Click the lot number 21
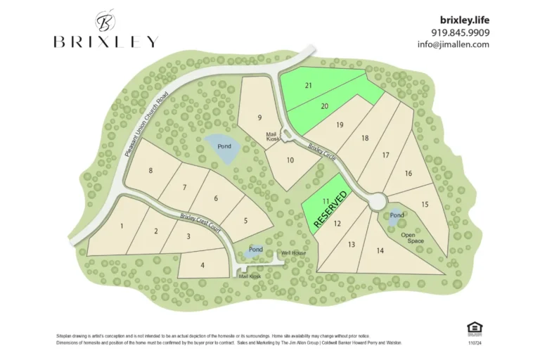click(x=308, y=85)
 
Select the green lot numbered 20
click(x=324, y=106)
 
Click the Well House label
click(x=293, y=252)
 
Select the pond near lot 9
click(x=223, y=148)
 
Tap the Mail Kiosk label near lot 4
click(x=249, y=276)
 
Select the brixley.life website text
click(x=465, y=20)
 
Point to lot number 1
click(x=122, y=226)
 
